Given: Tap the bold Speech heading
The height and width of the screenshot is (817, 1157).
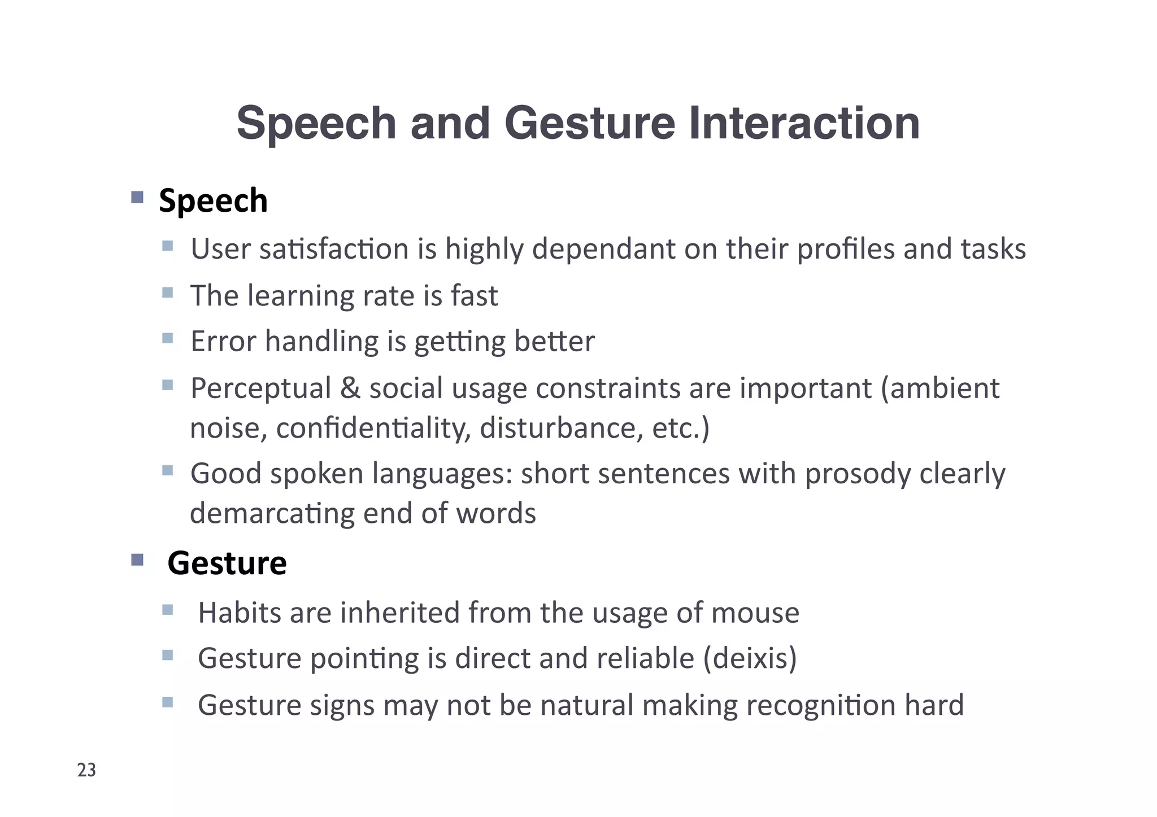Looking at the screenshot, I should (x=213, y=201).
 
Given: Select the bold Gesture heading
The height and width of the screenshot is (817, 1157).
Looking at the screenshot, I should (x=227, y=563).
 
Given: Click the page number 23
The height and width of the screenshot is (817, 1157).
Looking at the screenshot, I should (x=86, y=770).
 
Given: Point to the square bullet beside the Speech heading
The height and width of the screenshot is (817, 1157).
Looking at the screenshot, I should (x=137, y=197).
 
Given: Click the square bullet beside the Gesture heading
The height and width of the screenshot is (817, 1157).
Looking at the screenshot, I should (x=137, y=560).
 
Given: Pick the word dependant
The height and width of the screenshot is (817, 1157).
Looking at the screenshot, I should (x=603, y=249).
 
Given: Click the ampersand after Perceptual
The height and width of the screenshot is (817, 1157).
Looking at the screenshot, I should (x=350, y=388).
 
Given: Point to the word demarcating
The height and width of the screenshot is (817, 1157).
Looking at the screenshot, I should (x=272, y=514).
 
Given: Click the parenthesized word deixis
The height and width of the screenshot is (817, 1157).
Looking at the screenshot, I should (x=750, y=658).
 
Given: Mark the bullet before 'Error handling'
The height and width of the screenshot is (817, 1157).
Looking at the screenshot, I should (x=167, y=338).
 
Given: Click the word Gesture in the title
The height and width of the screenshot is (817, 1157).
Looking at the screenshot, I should (x=589, y=124).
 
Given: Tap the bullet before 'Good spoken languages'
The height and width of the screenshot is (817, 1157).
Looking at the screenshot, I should (x=167, y=470).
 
